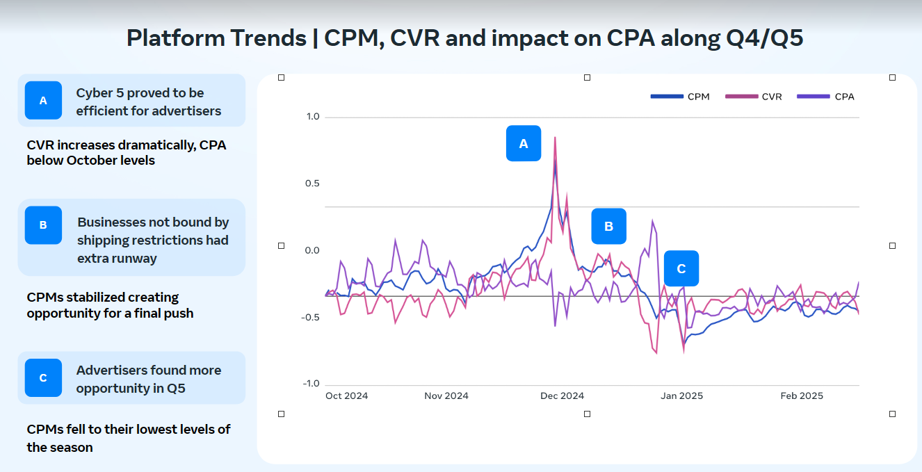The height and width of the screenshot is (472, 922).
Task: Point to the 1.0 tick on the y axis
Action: (x=312, y=117)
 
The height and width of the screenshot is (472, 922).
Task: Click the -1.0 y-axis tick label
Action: (x=310, y=384)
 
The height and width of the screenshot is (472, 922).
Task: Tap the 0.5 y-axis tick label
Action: (x=312, y=184)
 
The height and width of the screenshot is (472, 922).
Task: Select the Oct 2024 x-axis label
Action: (x=346, y=396)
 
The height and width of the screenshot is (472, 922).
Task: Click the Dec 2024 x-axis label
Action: (x=562, y=396)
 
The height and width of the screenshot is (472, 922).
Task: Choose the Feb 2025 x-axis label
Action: (x=802, y=396)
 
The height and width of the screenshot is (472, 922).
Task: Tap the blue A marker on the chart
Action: (x=524, y=143)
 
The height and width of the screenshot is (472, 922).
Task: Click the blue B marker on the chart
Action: (x=608, y=226)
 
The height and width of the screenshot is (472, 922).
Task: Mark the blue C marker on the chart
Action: (x=681, y=268)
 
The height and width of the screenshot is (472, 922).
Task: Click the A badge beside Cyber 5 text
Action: (x=43, y=100)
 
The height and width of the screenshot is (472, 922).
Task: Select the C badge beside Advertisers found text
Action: (x=43, y=377)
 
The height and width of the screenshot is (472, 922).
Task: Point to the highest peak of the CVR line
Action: (x=555, y=138)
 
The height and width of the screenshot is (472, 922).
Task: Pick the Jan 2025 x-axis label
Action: (x=681, y=396)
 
